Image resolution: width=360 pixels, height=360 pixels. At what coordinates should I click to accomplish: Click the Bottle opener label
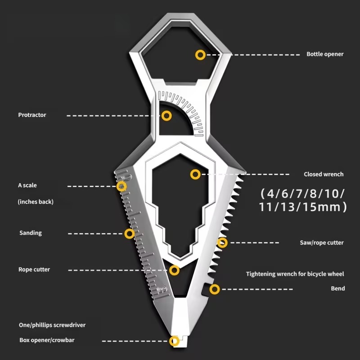click(x=325, y=54)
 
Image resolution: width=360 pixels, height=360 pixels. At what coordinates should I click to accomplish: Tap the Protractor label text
click(x=32, y=115)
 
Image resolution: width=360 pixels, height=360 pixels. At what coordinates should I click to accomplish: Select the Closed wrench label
click(x=324, y=174)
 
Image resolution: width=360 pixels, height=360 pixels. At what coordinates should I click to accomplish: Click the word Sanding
click(x=31, y=233)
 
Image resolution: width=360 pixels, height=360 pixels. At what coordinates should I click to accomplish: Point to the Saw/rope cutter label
click(x=322, y=243)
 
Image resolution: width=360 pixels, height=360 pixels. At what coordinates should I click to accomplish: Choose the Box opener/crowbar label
click(x=47, y=340)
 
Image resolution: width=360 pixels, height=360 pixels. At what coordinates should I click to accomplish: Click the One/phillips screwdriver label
click(x=52, y=325)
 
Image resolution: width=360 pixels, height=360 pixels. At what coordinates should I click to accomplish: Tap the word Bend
click(x=338, y=288)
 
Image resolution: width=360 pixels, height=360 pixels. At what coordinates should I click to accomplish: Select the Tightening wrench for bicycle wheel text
click(x=295, y=274)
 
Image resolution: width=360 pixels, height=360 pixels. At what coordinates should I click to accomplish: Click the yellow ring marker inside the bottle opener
click(x=200, y=55)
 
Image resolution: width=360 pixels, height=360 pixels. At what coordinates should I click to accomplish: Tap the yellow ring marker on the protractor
click(x=166, y=116)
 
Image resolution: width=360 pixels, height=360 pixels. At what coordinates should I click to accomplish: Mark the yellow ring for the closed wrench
click(x=195, y=175)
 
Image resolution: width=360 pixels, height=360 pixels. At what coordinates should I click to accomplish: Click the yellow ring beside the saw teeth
click(x=222, y=243)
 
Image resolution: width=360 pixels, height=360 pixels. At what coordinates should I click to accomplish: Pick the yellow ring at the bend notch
click(x=215, y=289)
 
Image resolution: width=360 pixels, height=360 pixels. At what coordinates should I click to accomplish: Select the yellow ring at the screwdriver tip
click(x=174, y=341)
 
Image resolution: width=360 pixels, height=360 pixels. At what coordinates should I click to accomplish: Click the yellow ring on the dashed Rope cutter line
click(x=174, y=270)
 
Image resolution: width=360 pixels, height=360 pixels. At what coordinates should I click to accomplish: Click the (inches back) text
click(x=36, y=202)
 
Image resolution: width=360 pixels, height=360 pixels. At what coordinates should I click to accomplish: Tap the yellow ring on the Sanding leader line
click(x=129, y=234)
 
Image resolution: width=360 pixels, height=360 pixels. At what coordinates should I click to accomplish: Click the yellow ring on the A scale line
click(x=121, y=186)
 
